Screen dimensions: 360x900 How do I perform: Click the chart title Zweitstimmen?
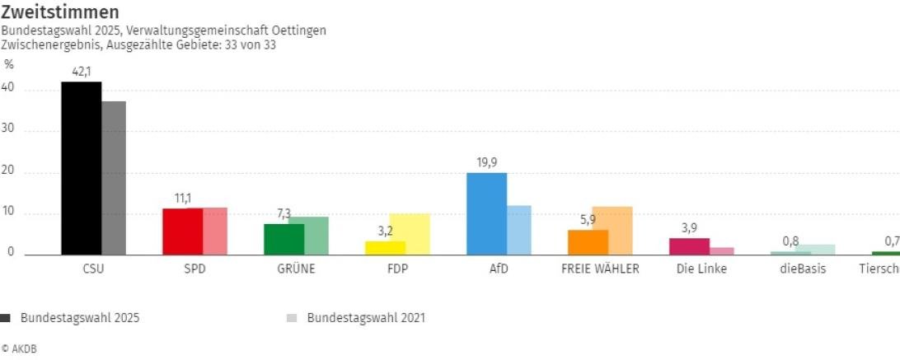(x=60, y=12)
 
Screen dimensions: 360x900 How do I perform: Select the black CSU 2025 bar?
(x=82, y=169)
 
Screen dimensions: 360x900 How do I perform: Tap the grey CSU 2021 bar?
(x=114, y=178)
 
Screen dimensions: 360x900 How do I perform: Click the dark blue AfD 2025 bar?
(x=486, y=214)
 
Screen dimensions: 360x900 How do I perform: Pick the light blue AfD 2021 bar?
(x=518, y=231)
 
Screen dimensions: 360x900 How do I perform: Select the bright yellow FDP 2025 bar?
(x=386, y=248)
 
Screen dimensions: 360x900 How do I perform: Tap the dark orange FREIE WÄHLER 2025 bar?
(x=588, y=242)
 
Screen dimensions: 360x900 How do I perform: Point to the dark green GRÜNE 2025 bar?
(x=284, y=240)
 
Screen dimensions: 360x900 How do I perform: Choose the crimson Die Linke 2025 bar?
(x=689, y=246)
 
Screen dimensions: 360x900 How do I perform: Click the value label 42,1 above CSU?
(x=81, y=72)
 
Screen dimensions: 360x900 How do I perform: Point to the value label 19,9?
(x=486, y=162)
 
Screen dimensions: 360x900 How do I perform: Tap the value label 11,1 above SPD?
(x=182, y=199)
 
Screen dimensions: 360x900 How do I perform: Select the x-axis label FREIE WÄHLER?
(x=600, y=269)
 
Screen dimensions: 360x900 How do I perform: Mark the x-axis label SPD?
(x=195, y=269)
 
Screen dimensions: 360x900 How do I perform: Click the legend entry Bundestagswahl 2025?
(x=79, y=317)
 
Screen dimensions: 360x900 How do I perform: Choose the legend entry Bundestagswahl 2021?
(x=366, y=317)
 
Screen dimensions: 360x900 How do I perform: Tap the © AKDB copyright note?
(x=19, y=348)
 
